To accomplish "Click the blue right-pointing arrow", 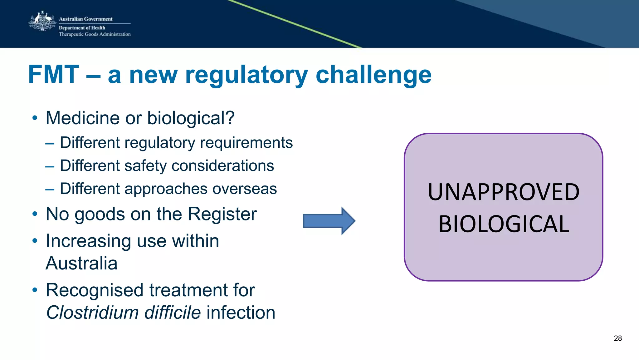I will click(x=329, y=221).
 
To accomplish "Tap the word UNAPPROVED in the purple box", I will click(x=503, y=192).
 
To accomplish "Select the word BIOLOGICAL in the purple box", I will click(x=504, y=224).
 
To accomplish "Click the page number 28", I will click(x=617, y=338).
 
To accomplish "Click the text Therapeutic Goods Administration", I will click(x=95, y=34).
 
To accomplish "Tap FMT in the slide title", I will click(x=54, y=75).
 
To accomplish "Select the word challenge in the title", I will click(x=373, y=75).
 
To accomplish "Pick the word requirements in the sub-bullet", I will click(x=246, y=143).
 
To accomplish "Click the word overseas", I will click(x=245, y=189).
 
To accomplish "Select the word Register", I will click(x=222, y=214).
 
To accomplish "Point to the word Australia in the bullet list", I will click(x=81, y=263).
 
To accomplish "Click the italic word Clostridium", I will click(x=92, y=313).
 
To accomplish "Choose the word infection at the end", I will click(x=241, y=313).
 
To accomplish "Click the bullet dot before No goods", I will click(x=35, y=214).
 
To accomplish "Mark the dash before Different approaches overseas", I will click(x=50, y=189).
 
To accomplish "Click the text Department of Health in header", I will click(x=82, y=28).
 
